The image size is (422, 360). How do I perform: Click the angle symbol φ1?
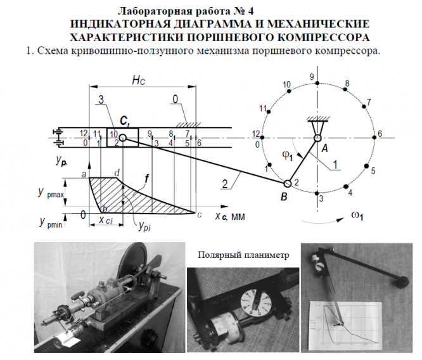click(x=285, y=154)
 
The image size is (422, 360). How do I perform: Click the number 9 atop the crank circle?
click(x=312, y=77)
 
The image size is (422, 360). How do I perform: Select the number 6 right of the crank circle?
click(x=380, y=134)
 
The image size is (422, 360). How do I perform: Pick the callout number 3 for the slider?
click(x=101, y=100)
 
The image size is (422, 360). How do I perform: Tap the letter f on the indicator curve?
click(x=147, y=180)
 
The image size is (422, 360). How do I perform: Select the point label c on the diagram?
click(x=201, y=215)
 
